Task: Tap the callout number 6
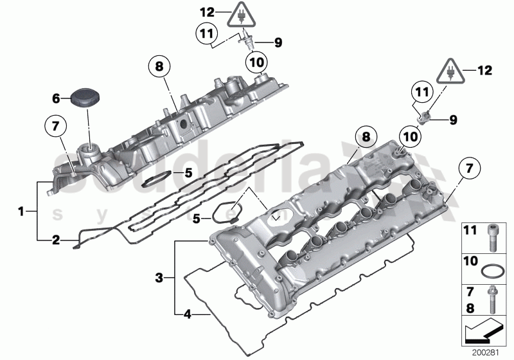(x=56, y=98)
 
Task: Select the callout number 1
(x=21, y=210)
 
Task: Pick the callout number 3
(x=159, y=278)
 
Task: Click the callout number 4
(x=187, y=314)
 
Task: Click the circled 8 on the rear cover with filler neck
(x=160, y=66)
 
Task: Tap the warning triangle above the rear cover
(x=242, y=13)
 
